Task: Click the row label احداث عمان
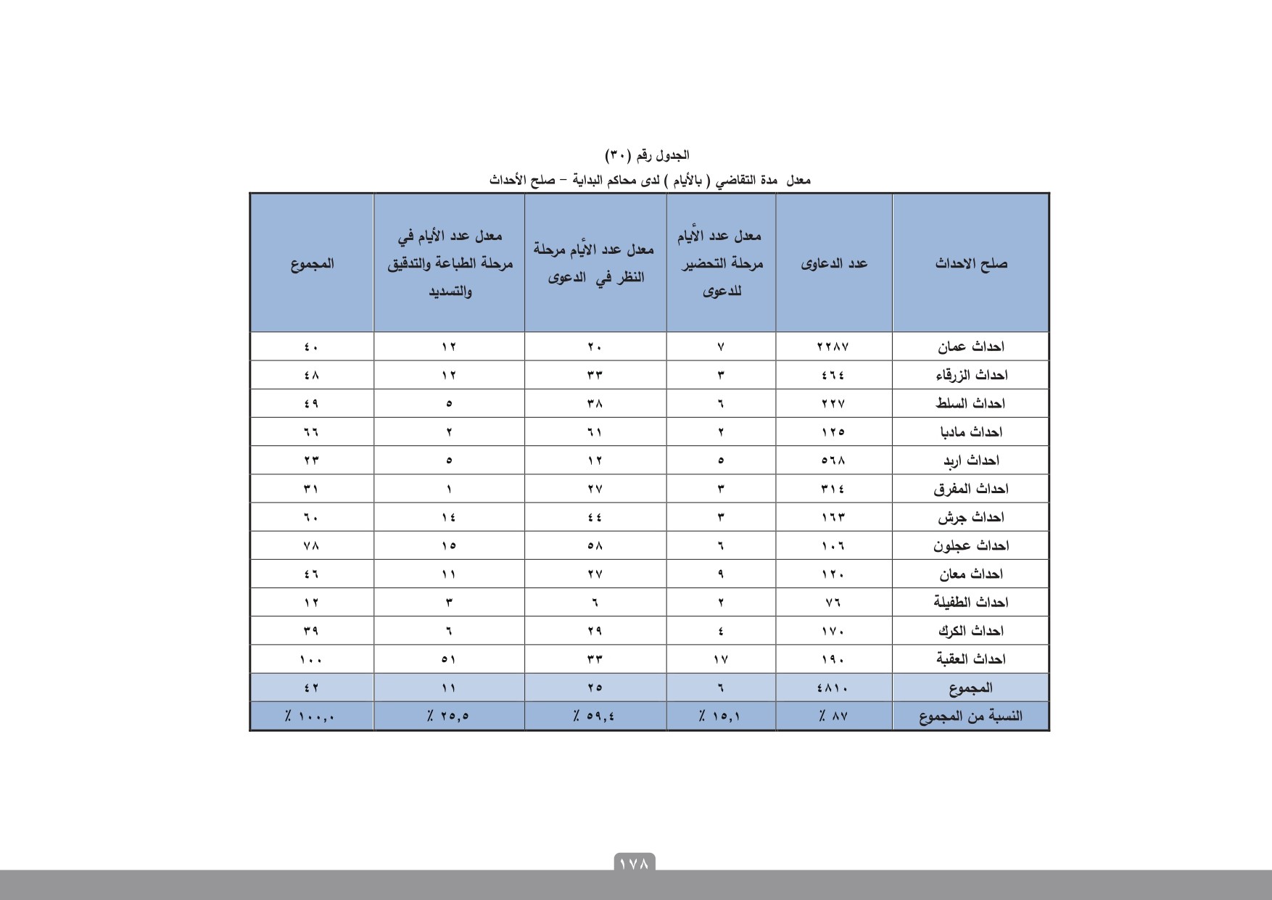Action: [970, 347]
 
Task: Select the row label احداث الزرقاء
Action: [970, 375]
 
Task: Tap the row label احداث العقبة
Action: [970, 659]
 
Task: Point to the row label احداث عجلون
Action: [970, 545]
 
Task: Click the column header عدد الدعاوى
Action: [834, 263]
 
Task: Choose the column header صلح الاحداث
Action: [970, 263]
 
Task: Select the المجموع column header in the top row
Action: [312, 263]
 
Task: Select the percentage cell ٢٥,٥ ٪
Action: [448, 717]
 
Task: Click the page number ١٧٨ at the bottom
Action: [635, 864]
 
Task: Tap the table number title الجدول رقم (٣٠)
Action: [647, 155]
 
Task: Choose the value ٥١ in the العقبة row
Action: [449, 659]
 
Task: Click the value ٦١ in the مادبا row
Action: [595, 432]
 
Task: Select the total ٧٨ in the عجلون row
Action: [311, 545]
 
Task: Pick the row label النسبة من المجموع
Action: [970, 717]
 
